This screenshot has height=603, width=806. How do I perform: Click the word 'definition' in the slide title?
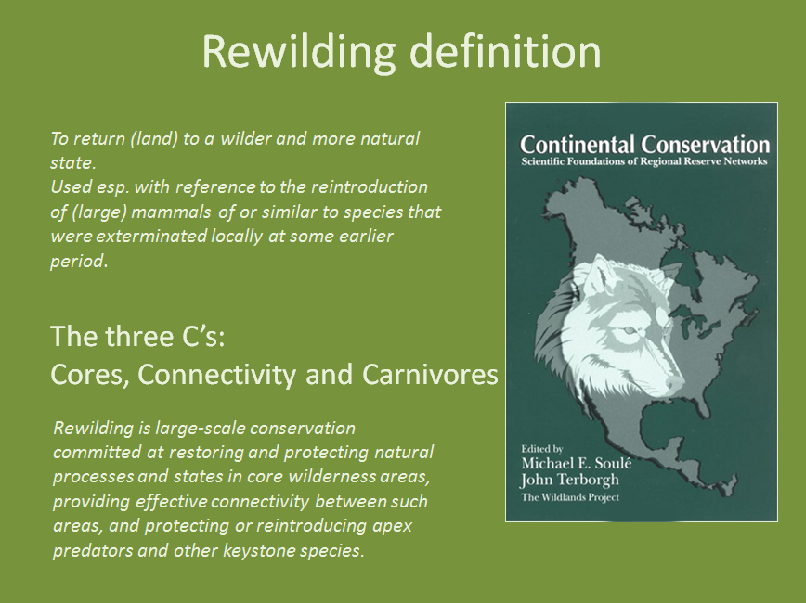(x=505, y=51)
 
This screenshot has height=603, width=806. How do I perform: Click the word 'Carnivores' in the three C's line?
(x=430, y=374)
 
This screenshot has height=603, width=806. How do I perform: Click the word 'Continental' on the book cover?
(x=578, y=145)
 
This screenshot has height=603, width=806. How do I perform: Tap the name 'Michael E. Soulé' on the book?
(x=577, y=463)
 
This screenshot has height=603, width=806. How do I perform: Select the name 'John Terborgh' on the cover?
(x=569, y=481)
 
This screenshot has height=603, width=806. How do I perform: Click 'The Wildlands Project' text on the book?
(x=570, y=497)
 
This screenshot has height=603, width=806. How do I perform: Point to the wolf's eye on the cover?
(x=627, y=331)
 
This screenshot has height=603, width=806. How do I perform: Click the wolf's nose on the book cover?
(x=674, y=383)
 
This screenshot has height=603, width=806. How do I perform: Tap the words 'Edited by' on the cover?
(x=541, y=449)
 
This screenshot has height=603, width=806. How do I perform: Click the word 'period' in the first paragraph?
(x=77, y=262)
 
